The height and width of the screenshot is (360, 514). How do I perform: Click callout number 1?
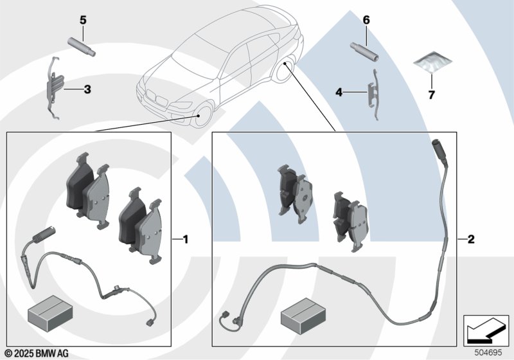pyautogui.click(x=186, y=240)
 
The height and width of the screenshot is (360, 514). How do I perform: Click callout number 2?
pyautogui.click(x=471, y=240)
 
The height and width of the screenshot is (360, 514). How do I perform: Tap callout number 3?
pyautogui.click(x=87, y=90)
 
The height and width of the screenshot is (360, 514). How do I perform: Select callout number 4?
pyautogui.click(x=339, y=93)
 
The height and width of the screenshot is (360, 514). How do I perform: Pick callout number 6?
pyautogui.click(x=366, y=21)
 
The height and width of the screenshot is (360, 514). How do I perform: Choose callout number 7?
pyautogui.click(x=432, y=96)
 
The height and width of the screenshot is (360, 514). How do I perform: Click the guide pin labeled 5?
pyautogui.click(x=80, y=45)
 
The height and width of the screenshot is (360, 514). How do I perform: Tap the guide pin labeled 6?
pyautogui.click(x=364, y=50)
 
